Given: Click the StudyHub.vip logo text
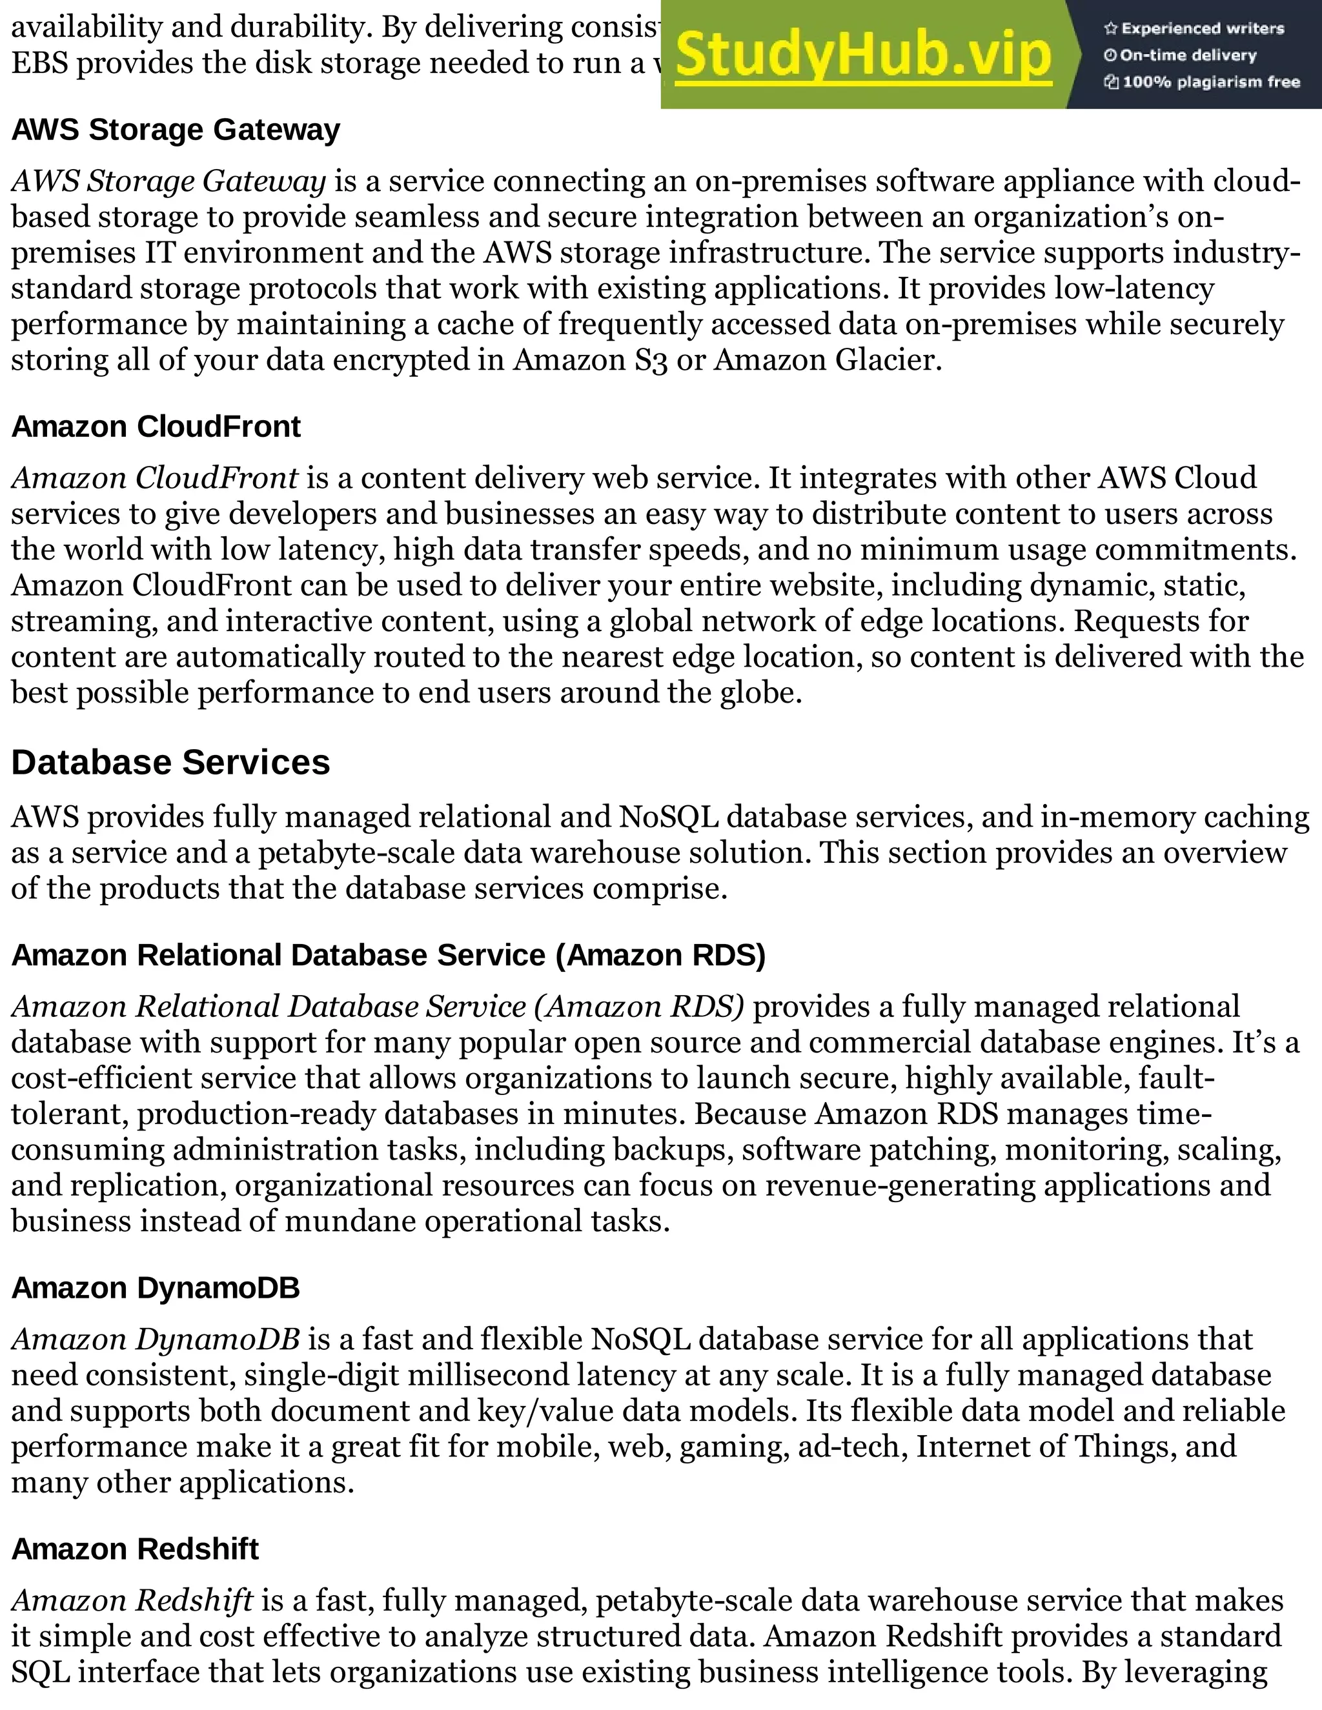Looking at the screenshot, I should pos(863,55).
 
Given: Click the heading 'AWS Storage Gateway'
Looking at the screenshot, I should pos(176,130).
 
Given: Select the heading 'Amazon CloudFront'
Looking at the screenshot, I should pos(156,427).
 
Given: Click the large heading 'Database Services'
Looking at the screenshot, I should pos(170,763).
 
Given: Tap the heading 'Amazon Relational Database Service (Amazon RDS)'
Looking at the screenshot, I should pos(388,955).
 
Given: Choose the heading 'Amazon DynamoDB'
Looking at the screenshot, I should pos(155,1288).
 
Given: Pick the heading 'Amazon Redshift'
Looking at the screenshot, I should pos(135,1549).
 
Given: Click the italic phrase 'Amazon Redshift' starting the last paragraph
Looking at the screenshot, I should pos(132,1600).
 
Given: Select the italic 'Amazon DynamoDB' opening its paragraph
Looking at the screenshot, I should pos(155,1340).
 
